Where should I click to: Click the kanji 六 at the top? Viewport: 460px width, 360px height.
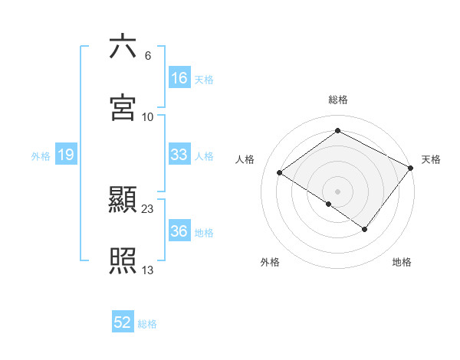point(123,47)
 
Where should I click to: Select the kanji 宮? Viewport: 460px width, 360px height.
point(123,108)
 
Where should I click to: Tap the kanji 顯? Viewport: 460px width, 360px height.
point(123,201)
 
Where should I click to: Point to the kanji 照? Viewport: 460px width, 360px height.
point(123,261)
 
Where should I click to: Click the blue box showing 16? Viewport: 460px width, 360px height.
point(179,78)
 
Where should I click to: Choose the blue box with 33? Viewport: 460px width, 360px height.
point(179,155)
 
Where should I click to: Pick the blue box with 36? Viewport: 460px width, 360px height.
point(179,231)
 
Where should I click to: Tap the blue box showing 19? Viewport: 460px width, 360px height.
point(65,155)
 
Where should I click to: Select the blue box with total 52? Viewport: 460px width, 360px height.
point(123,323)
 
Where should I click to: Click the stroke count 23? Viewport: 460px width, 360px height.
point(148,208)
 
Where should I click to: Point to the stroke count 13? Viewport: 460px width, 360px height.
point(148,270)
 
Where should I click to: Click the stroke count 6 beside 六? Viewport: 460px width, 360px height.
point(148,55)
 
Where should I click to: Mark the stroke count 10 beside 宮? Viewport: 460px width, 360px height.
point(148,116)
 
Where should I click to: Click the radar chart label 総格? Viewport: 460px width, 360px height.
point(338,100)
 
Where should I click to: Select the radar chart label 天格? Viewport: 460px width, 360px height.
point(431,159)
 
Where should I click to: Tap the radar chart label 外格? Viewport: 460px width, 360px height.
point(270,262)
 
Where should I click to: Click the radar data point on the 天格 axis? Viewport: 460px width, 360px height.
point(411,168)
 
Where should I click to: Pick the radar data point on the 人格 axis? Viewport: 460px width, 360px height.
point(280,172)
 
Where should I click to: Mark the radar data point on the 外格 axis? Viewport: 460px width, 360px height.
point(329,204)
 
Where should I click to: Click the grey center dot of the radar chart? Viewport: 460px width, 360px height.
point(338,191)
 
